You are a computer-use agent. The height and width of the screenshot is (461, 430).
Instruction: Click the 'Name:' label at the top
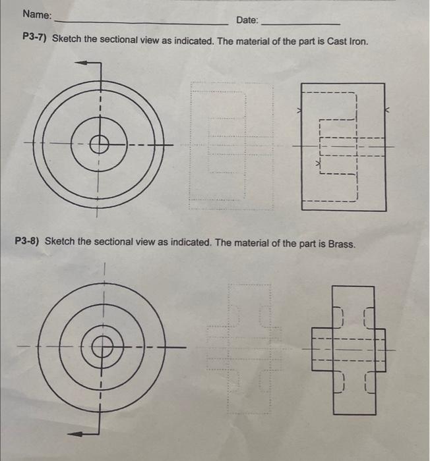click(38, 14)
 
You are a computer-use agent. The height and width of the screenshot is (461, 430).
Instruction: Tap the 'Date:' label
click(247, 20)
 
